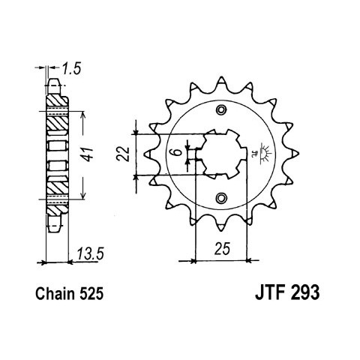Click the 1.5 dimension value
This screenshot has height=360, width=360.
pyautogui.click(x=71, y=69)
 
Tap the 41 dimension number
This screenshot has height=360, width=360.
pyautogui.click(x=88, y=154)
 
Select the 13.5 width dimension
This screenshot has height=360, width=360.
pyautogui.click(x=90, y=253)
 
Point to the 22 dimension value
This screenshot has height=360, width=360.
pyautogui.click(x=124, y=154)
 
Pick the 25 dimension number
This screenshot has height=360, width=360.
pyautogui.click(x=222, y=249)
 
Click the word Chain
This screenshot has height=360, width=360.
pyautogui.click(x=55, y=294)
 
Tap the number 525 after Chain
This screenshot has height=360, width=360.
pyautogui.click(x=91, y=294)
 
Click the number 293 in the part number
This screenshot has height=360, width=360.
pyautogui.click(x=304, y=292)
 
